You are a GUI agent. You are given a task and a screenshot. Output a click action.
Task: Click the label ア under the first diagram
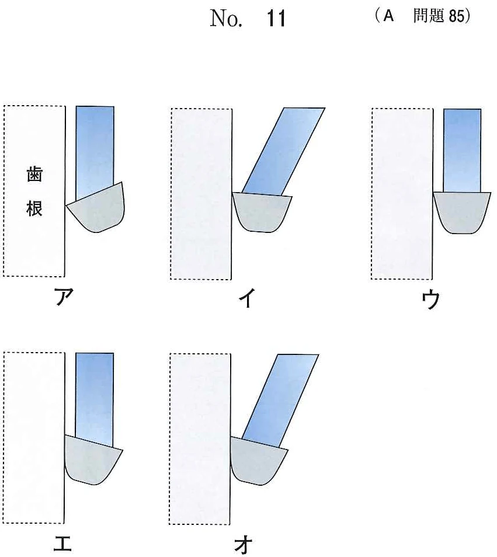63,297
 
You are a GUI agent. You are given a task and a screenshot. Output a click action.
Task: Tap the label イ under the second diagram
246,298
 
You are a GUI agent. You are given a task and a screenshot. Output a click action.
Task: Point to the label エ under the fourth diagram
62,543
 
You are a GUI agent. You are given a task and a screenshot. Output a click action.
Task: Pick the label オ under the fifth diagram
244,544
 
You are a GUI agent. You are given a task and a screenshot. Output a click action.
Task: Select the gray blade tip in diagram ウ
462,213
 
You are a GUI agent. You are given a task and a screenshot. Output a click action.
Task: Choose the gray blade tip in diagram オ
258,462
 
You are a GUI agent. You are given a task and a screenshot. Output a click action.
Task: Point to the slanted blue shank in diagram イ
283,152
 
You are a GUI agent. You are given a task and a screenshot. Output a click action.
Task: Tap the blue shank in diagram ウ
462,150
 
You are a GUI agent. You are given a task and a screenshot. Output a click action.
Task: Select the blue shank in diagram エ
95,399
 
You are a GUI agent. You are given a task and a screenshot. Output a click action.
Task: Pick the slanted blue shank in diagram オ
280,399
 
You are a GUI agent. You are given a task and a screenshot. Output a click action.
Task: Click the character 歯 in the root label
34,175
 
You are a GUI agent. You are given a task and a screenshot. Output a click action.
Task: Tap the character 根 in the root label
34,208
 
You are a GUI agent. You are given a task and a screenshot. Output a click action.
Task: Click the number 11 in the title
276,19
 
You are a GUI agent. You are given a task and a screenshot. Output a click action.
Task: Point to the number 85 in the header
457,16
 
